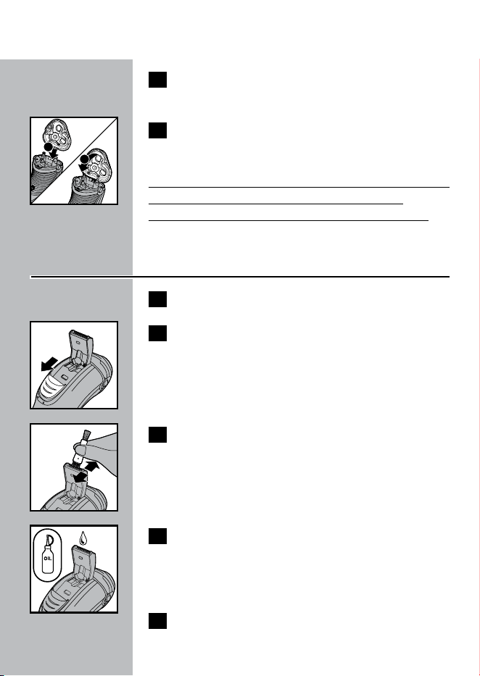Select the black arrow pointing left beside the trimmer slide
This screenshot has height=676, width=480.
tap(49, 364)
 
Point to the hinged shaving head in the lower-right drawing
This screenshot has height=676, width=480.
tap(97, 164)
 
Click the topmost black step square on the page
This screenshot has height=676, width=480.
tap(157, 80)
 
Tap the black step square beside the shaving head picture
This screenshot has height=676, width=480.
tap(157, 130)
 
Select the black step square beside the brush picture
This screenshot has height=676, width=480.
tap(157, 435)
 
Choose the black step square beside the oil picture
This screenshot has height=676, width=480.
tap(157, 536)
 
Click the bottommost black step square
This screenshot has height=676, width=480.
tap(157, 621)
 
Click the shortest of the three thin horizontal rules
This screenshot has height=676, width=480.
tap(276, 204)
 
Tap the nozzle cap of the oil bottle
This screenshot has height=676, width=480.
tap(49, 539)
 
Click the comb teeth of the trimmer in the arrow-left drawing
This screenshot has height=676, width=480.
tap(81, 332)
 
